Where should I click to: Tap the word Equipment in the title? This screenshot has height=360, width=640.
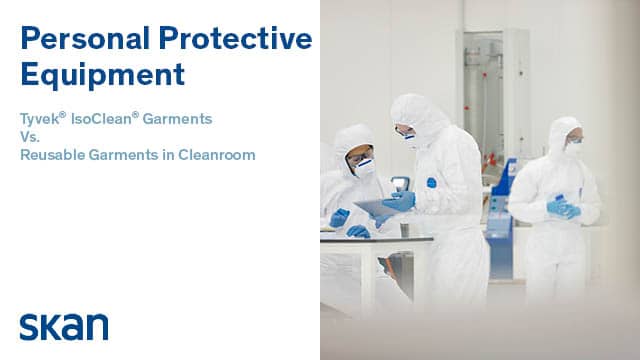(103, 74)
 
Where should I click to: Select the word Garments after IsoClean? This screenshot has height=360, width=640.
(179, 119)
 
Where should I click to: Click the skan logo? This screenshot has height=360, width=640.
(64, 326)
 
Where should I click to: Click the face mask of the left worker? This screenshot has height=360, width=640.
(365, 167)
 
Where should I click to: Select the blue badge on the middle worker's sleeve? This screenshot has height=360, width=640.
(431, 183)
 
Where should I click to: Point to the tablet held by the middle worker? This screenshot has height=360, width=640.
(376, 208)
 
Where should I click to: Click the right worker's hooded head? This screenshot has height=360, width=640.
(565, 137)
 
